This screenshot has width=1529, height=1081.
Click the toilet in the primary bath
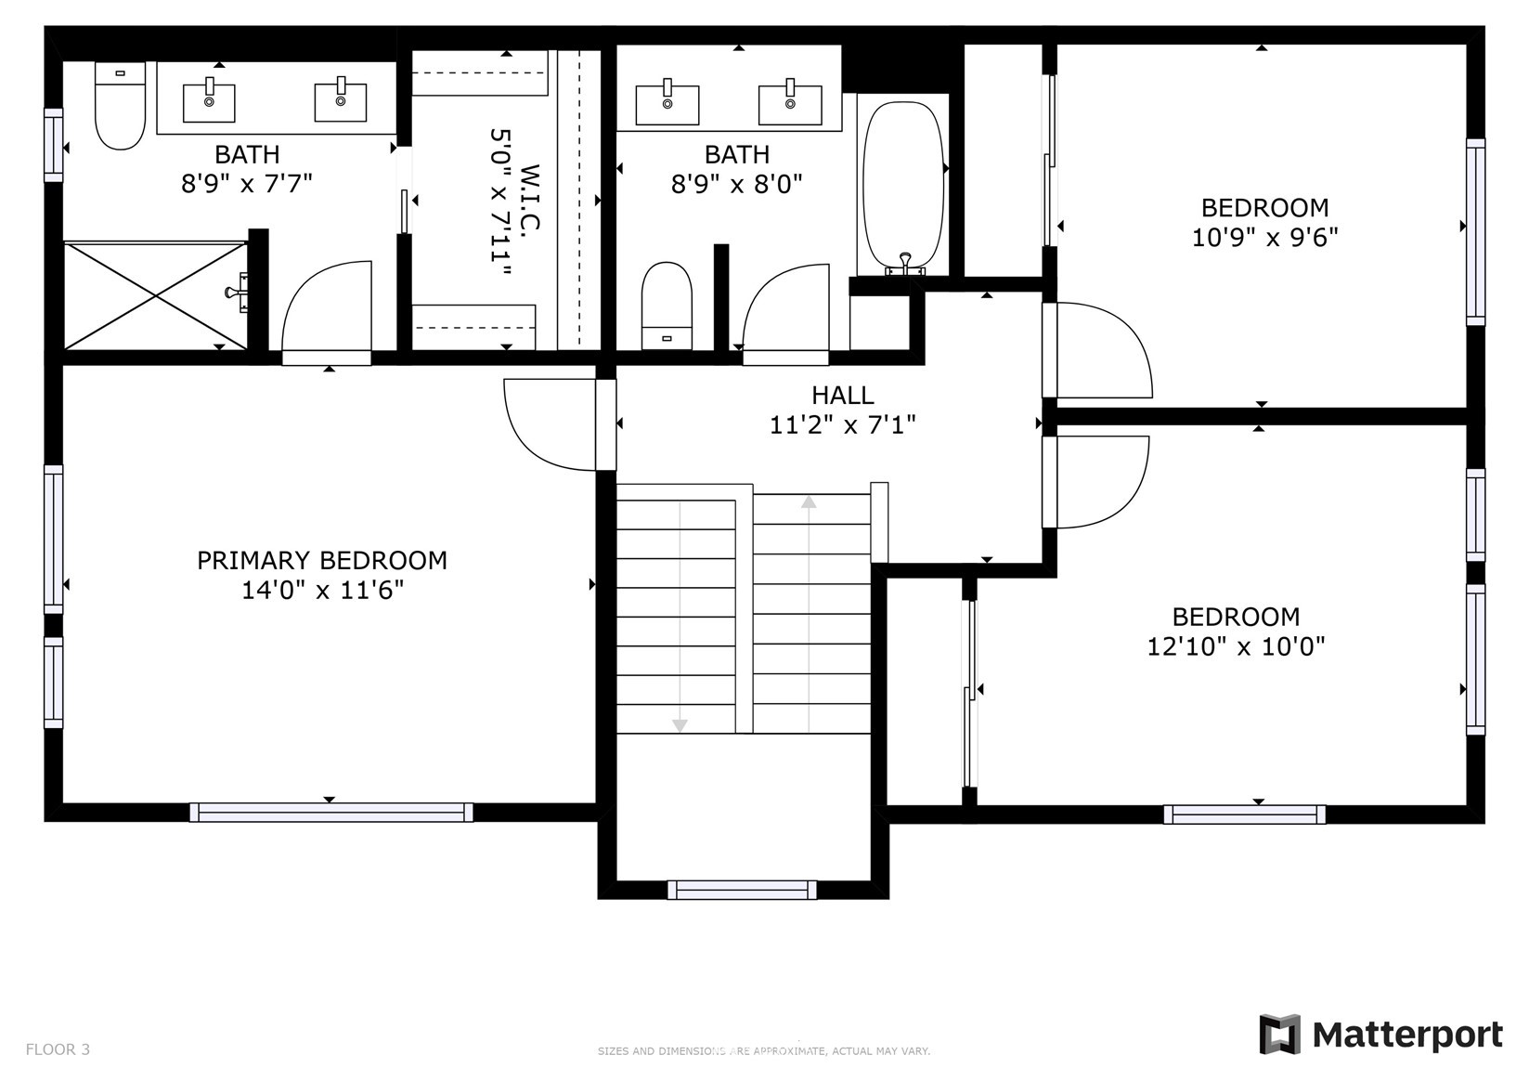[x=120, y=105]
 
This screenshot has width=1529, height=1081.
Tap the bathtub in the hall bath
[x=903, y=188]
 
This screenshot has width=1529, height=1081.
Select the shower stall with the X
[x=156, y=295]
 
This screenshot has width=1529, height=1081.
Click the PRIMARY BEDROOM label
[x=322, y=561]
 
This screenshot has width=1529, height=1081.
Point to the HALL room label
[x=842, y=396]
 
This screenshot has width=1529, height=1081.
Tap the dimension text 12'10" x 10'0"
[x=1236, y=646]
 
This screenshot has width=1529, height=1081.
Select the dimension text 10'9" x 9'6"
[x=1264, y=238]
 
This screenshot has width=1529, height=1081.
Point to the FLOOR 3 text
[x=58, y=1049]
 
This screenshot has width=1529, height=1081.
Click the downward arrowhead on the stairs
[x=680, y=725]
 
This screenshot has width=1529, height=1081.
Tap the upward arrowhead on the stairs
[x=809, y=502]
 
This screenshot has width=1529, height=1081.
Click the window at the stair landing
[x=742, y=890]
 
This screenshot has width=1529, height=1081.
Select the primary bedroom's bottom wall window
[x=331, y=812]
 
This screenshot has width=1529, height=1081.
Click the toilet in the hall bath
[x=667, y=306]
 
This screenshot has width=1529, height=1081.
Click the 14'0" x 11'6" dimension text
[x=323, y=590]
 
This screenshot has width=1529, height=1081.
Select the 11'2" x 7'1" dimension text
[x=842, y=425]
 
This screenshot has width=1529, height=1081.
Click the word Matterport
[x=1407, y=1035]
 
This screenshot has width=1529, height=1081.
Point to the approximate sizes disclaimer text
[x=764, y=1051]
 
